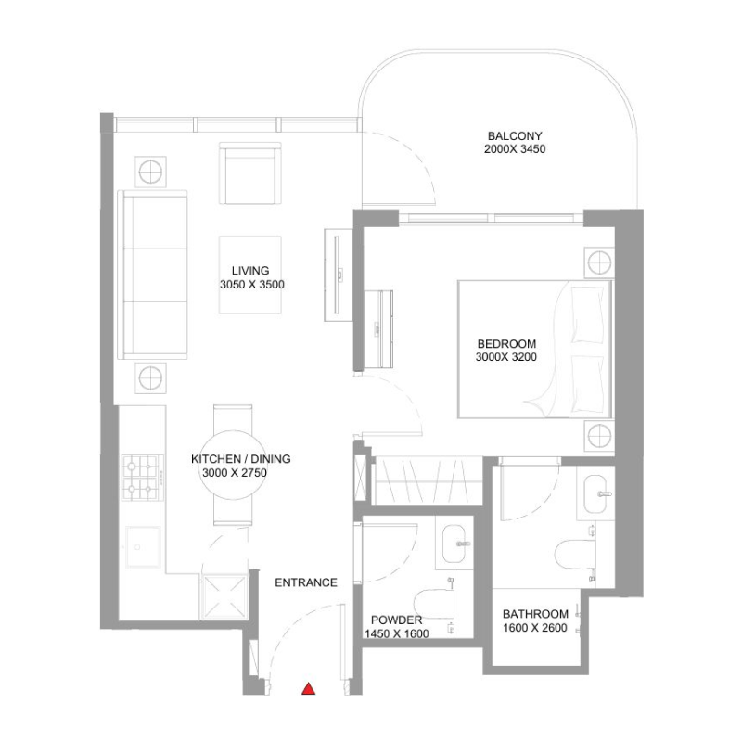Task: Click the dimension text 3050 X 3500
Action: point(250,286)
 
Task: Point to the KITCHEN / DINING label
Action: point(241,459)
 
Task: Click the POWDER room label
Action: point(396,620)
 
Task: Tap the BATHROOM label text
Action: point(535,614)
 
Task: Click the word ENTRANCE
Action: point(306,582)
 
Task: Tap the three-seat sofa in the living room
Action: point(152,275)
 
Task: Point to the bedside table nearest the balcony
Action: point(599,262)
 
